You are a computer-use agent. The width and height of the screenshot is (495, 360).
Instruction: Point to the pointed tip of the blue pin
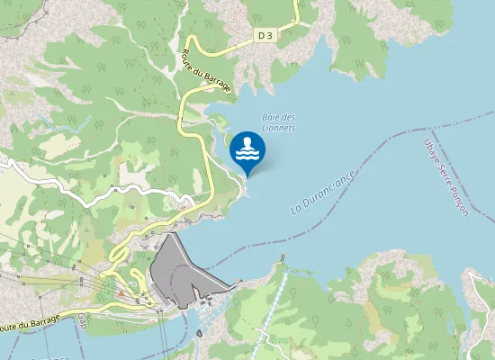pos(247,176)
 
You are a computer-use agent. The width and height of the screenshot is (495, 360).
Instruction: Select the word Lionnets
pos(278,128)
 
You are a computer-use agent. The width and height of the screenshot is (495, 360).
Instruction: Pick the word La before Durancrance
pos(295,209)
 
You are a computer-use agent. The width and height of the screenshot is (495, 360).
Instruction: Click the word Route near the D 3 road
pos(190,55)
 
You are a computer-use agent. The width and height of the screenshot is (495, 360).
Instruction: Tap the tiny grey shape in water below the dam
pos(197,335)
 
